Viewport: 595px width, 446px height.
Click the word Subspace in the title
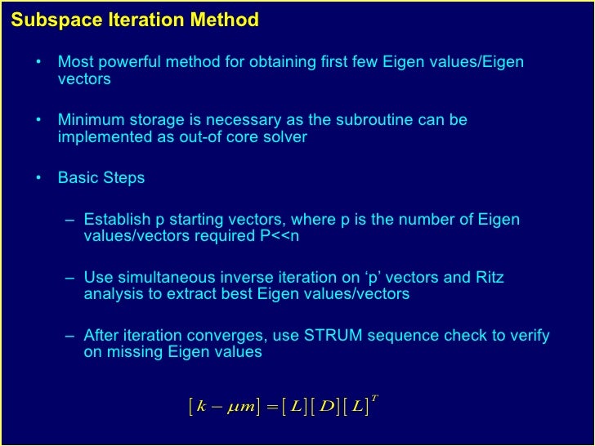click(49, 20)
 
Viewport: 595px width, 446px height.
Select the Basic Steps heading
click(101, 177)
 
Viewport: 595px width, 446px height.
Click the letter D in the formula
click(329, 406)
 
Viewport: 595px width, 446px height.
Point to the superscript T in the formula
click(374, 398)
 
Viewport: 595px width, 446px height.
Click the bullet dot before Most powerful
click(38, 63)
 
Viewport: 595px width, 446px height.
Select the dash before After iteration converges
click(72, 336)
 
